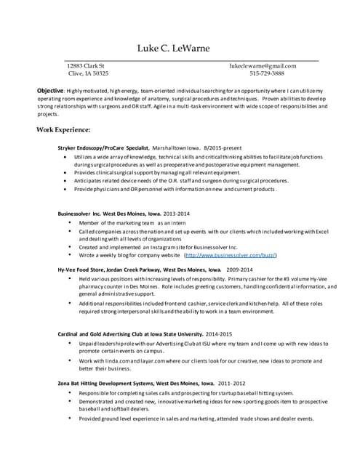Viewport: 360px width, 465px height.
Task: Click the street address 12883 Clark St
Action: (85, 65)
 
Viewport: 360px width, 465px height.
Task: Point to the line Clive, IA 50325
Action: (87, 73)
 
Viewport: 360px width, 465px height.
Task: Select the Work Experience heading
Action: (63, 130)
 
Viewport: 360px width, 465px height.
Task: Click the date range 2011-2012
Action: (232, 383)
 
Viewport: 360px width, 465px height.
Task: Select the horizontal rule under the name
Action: (192, 59)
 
